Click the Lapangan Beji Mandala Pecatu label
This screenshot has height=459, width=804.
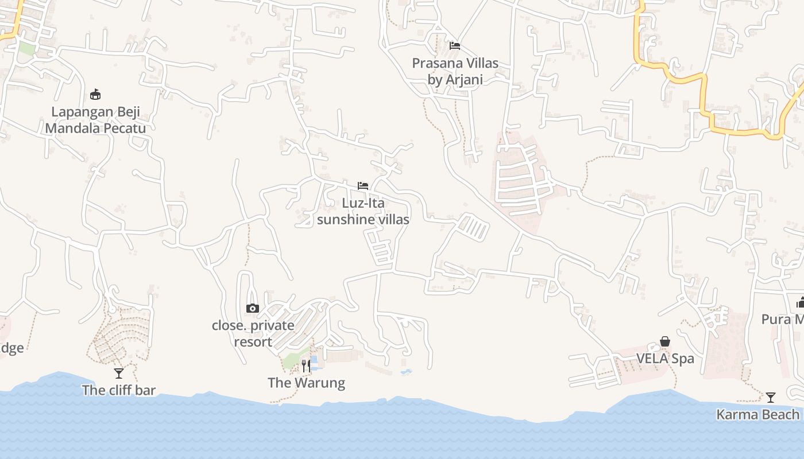[95, 120]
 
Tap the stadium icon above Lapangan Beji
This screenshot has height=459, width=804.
[95, 95]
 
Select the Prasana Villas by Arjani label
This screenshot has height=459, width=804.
[455, 71]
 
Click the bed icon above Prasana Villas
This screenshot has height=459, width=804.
[455, 45]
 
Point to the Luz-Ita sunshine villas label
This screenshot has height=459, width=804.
[363, 211]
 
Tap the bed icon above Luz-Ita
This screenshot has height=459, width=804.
[363, 185]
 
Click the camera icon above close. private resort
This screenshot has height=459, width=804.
[253, 309]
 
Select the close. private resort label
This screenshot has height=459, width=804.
[253, 333]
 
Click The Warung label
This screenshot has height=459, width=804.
[306, 383]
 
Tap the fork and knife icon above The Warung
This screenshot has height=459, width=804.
[306, 365]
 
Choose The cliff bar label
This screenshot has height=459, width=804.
[118, 390]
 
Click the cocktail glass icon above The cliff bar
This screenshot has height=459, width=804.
[119, 374]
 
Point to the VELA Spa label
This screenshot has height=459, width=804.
[665, 359]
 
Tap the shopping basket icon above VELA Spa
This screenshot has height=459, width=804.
[665, 342]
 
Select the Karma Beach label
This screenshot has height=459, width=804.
[758, 414]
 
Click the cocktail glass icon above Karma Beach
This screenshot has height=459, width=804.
[771, 397]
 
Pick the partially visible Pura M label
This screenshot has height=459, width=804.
[782, 319]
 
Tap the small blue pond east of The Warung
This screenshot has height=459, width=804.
[406, 372]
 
